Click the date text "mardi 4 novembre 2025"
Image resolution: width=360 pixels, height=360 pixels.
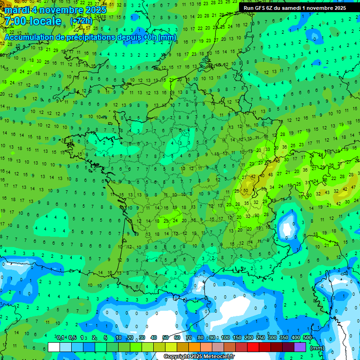(x=55, y=10)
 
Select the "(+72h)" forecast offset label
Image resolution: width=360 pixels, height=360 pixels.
(x=82, y=21)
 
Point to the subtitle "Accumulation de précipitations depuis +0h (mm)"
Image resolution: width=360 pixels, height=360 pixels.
(x=90, y=37)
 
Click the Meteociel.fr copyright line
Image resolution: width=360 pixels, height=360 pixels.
(x=199, y=357)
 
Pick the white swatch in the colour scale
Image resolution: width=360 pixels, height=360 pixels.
(x=54, y=347)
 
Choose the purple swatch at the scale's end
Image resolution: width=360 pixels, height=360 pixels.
(x=300, y=347)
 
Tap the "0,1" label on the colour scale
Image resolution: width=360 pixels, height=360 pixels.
(x=60, y=338)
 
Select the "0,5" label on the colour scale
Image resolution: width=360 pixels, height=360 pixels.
(x=72, y=338)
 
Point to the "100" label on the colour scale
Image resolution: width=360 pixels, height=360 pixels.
(x=225, y=338)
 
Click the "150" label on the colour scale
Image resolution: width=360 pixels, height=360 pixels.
(x=237, y=338)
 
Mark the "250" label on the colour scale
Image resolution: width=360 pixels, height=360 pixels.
(x=260, y=338)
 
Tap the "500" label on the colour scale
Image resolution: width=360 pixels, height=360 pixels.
(x=307, y=338)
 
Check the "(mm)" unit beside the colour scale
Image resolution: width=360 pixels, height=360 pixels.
(x=317, y=348)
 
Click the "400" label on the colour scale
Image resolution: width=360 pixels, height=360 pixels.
(x=295, y=338)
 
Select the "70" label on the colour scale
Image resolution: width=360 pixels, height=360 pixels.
(x=189, y=338)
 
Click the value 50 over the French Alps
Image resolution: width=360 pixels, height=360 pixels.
(x=246, y=191)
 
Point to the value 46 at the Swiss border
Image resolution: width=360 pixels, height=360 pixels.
(x=277, y=161)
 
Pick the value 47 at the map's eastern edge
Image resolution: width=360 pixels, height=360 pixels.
(x=353, y=187)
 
